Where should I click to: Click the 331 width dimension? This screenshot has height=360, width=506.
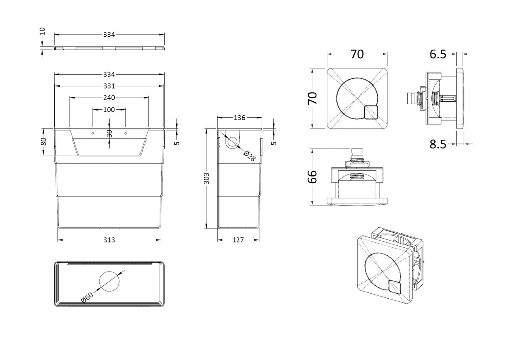click(109, 86)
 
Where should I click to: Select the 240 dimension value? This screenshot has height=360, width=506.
click(109, 98)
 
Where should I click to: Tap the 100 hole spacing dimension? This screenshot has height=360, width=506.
click(109, 110)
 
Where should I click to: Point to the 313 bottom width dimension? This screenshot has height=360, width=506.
click(109, 240)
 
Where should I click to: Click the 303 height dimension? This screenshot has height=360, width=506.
click(206, 178)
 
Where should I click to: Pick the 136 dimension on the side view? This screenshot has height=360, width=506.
click(239, 118)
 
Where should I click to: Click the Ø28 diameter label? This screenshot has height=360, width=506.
click(249, 156)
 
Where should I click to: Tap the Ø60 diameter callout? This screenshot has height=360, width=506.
click(87, 298)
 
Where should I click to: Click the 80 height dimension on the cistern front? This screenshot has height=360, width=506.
click(44, 141)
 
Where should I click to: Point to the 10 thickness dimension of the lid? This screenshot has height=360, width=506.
click(42, 32)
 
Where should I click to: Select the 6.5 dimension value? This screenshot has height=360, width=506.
click(438, 54)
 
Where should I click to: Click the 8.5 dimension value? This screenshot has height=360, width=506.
click(438, 144)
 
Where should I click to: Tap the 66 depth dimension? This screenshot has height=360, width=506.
click(313, 176)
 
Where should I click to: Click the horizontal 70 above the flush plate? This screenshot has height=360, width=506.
click(357, 54)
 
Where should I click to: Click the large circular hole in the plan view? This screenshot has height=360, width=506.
click(109, 281)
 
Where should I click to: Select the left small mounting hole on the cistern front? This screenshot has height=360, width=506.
click(93, 133)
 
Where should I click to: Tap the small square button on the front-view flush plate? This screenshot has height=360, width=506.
click(371, 113)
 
